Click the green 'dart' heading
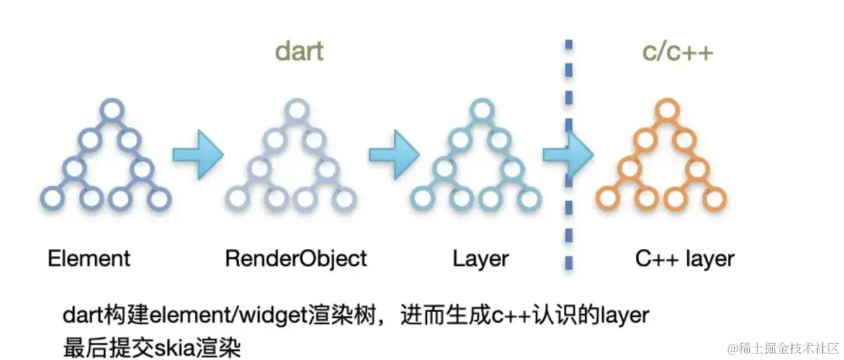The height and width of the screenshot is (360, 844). click(x=299, y=52)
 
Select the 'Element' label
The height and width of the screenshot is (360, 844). click(x=89, y=258)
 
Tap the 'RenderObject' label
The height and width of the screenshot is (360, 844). click(x=296, y=258)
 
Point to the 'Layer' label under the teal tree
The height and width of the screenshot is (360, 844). click(x=481, y=258)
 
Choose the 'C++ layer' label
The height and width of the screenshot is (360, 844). click(x=685, y=258)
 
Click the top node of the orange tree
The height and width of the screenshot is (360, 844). click(x=666, y=110)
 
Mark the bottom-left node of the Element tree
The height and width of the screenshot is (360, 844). click(x=51, y=199)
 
